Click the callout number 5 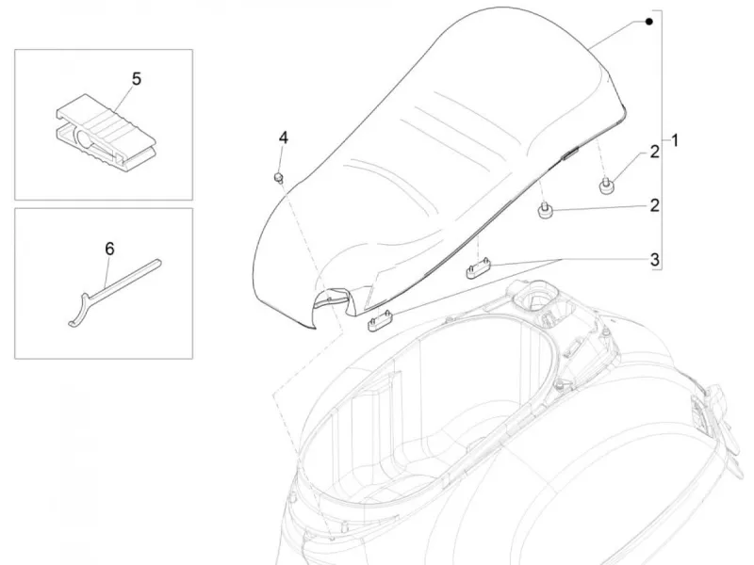pyautogui.click(x=137, y=79)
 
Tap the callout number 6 pyautogui.click(x=109, y=249)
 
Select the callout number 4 pyautogui.click(x=284, y=137)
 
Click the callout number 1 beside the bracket pyautogui.click(x=675, y=140)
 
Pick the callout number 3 pyautogui.click(x=654, y=260)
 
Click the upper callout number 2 pyautogui.click(x=654, y=152)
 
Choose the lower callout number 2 pyautogui.click(x=654, y=205)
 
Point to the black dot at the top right pyautogui.click(x=649, y=22)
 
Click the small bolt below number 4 pyautogui.click(x=278, y=178)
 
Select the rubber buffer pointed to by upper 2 pyautogui.click(x=605, y=186)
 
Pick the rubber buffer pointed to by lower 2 pyautogui.click(x=545, y=212)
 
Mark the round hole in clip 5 pyautogui.click(x=85, y=140)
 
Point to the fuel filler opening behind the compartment pyautogui.click(x=534, y=298)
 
